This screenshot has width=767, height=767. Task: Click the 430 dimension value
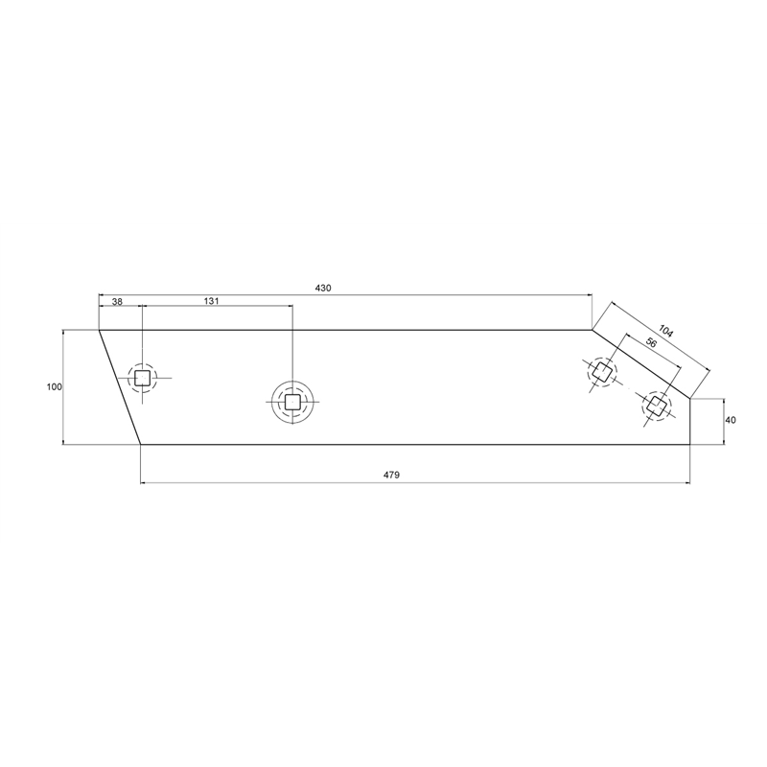[323, 289]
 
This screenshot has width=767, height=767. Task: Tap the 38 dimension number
[117, 302]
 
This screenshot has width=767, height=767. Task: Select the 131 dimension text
[211, 301]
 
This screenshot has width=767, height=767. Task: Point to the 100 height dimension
[55, 387]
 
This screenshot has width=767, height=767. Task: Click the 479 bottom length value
[391, 475]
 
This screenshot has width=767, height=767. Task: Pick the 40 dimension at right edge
[731, 420]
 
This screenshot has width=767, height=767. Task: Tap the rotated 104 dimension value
[665, 331]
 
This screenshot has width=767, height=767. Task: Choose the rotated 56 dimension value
[651, 343]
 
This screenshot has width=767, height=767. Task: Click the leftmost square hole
[142, 378]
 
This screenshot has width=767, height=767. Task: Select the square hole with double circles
[292, 402]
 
